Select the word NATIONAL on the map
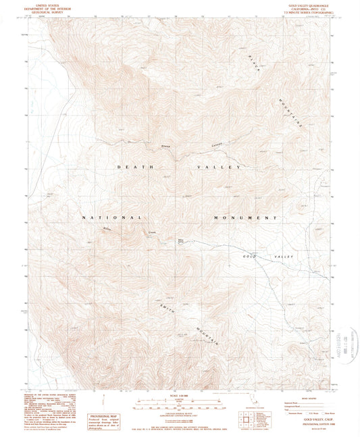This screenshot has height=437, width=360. pos(111,217)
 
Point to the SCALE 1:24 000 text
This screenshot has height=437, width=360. pos(180,396)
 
